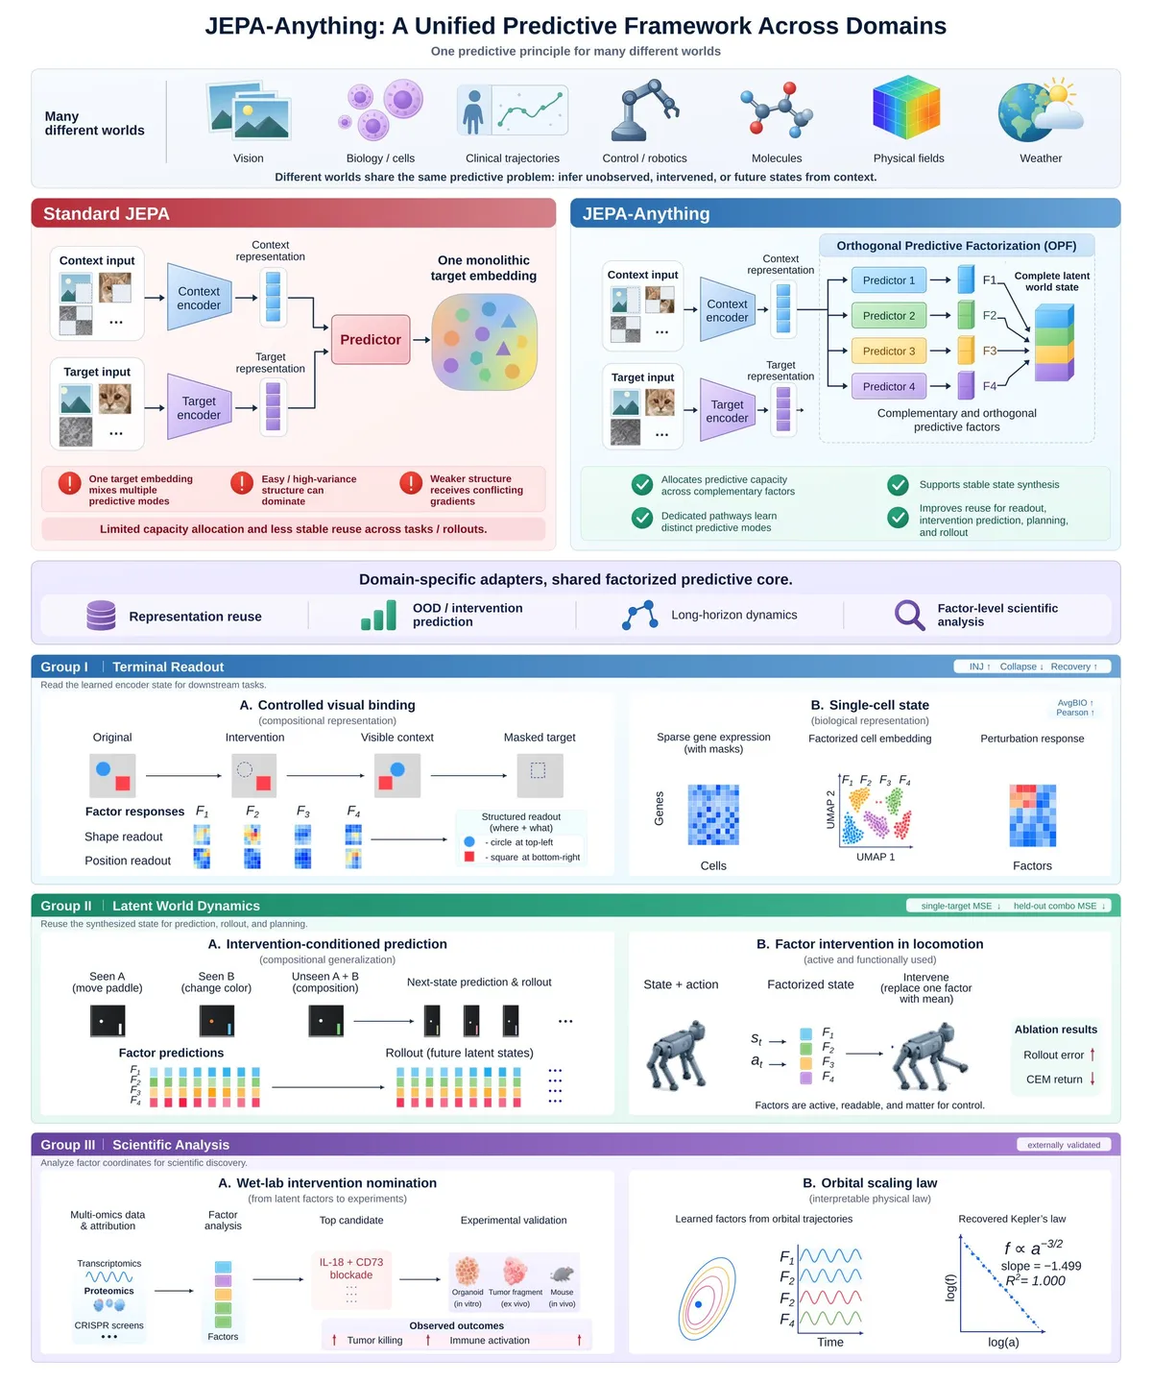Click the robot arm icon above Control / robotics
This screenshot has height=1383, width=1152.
coord(643,109)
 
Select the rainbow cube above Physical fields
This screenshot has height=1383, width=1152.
coord(905,108)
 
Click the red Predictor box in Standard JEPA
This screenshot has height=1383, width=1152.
coord(371,339)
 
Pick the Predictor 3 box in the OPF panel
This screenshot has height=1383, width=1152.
coord(889,352)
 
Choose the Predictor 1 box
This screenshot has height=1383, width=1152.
coord(889,280)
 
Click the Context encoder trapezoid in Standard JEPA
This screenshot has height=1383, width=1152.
coord(200,298)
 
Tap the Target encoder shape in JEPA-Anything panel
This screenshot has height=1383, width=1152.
coord(727,410)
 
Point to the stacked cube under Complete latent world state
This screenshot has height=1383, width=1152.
coord(1053,343)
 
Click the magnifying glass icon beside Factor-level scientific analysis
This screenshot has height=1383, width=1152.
coord(909,615)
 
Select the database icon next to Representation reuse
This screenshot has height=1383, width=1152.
coord(101,615)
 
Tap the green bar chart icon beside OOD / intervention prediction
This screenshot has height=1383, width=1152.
coord(378,615)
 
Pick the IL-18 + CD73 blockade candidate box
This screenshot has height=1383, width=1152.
coord(351,1279)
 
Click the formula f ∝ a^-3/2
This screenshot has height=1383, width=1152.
coord(1032,1248)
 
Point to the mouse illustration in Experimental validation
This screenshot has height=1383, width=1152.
coord(562,1274)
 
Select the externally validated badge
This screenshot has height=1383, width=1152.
coord(1064,1145)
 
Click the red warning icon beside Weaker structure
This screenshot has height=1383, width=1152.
coord(411,483)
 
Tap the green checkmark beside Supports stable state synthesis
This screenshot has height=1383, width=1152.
coord(897,485)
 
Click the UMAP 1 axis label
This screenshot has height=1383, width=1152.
coord(875,857)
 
